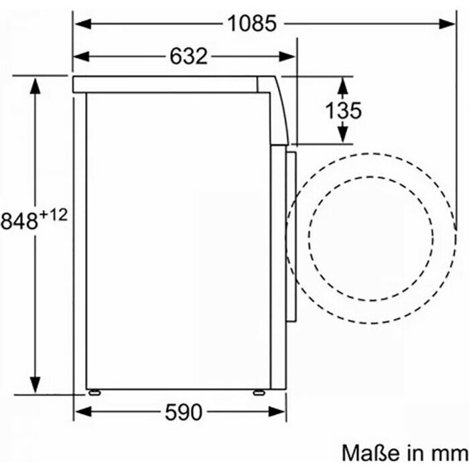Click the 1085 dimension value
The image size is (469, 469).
(252, 23)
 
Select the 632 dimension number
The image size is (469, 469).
(188, 56)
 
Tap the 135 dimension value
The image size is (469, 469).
(343, 111)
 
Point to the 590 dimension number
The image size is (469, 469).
(184, 412)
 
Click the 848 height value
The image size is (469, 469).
(19, 221)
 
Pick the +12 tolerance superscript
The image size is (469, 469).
(53, 215)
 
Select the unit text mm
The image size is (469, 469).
(450, 455)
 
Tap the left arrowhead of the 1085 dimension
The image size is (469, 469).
(83, 23)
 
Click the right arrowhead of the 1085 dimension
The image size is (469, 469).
(447, 23)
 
